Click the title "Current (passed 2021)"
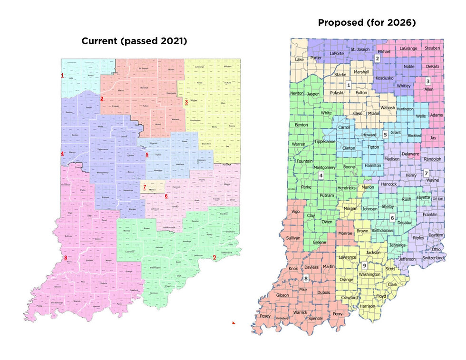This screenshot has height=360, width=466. [134, 41]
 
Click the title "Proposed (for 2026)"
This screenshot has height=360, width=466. [367, 22]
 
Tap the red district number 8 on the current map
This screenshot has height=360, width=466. [66, 258]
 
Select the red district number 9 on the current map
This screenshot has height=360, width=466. [215, 257]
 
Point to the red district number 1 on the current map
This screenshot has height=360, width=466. [62, 76]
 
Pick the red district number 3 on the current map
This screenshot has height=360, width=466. [186, 101]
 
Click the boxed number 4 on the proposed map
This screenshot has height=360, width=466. [321, 175]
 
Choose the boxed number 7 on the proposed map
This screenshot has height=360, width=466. [426, 174]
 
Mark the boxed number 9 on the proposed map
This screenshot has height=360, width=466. [364, 266]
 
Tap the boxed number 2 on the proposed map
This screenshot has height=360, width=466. [377, 58]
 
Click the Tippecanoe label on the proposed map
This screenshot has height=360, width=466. [325, 142]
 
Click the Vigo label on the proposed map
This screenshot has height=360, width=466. [296, 211]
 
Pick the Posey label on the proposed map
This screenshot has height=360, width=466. [265, 316]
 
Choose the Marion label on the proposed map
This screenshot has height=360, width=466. [368, 187]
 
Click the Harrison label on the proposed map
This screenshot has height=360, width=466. [368, 306]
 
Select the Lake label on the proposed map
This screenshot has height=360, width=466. [300, 59]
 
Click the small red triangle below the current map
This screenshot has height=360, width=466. [233, 323]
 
